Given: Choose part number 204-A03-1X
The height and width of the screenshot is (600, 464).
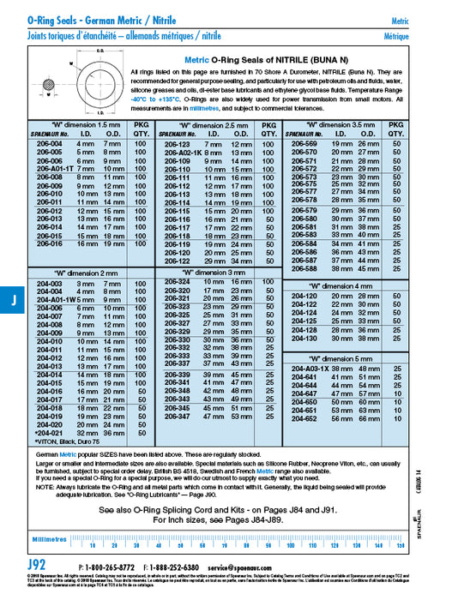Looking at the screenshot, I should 303,367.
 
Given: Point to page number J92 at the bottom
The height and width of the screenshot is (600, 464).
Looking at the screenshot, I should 37,567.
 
